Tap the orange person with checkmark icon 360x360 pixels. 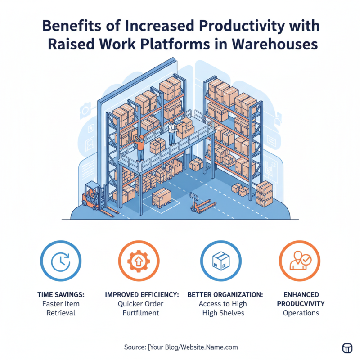point(299,261)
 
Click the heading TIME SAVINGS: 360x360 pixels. point(61,294)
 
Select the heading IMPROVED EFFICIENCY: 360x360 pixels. point(142,294)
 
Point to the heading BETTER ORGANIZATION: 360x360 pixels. point(225,294)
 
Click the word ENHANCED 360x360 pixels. point(301,294)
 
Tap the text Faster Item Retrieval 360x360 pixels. point(61,308)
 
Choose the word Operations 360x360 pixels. point(301,313)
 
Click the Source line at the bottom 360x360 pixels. point(180,347)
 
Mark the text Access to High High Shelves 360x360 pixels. point(225,308)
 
